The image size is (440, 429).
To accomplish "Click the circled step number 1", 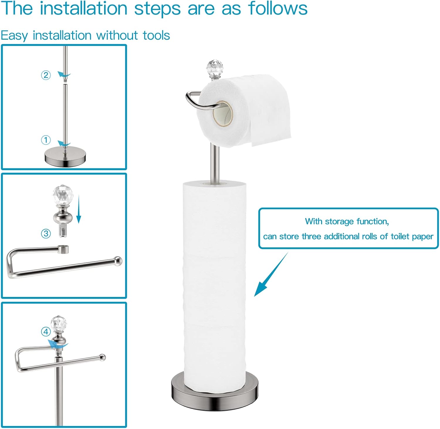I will click(x=46, y=140).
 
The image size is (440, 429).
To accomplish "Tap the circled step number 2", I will click(x=46, y=75).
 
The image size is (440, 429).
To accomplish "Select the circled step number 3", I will click(x=46, y=234).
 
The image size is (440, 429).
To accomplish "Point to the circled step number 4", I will click(x=46, y=332).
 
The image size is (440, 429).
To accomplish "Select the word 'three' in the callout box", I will click(x=312, y=237).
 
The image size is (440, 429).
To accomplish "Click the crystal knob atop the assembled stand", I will click(x=214, y=68).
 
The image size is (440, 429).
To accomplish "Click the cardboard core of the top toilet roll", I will click(x=223, y=113).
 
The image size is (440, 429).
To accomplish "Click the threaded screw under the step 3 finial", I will click(x=63, y=231).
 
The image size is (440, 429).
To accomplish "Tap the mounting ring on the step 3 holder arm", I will click(x=63, y=249).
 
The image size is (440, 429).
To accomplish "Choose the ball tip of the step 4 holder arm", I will click(x=102, y=357).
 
